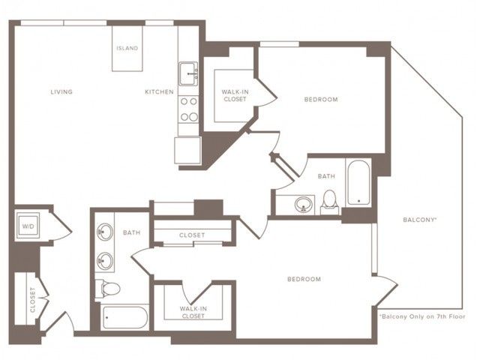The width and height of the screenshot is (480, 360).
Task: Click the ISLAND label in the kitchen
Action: tap(127, 48)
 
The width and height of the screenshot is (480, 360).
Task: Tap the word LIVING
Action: tap(61, 91)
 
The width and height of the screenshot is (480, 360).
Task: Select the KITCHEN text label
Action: tap(159, 91)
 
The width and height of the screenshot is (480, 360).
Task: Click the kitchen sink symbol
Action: tap(188, 73)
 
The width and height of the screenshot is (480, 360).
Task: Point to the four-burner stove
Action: tap(188, 109)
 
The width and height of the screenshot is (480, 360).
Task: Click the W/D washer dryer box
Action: tap(28, 226)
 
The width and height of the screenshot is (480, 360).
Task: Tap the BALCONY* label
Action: tap(420, 220)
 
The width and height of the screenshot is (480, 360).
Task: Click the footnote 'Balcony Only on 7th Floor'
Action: tap(422, 316)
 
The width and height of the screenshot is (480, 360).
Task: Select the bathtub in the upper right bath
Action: tap(358, 182)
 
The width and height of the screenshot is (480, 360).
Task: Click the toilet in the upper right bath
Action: tap(330, 202)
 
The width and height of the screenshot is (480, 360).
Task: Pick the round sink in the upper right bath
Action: tap(304, 204)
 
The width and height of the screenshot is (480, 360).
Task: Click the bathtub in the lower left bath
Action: tap(125, 317)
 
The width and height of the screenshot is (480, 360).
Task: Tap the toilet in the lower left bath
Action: tap(107, 288)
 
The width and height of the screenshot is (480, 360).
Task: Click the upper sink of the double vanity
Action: tap(105, 232)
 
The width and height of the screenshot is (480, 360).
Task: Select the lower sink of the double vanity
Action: tap(105, 262)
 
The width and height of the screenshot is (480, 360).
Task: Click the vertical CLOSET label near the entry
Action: tap(33, 300)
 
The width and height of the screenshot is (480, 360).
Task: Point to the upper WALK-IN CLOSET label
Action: tap(235, 95)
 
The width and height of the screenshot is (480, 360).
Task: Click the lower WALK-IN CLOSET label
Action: tap(193, 312)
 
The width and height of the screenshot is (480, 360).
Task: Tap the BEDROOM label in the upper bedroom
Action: tap(321, 100)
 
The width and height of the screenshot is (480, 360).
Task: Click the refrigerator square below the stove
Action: tap(187, 150)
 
